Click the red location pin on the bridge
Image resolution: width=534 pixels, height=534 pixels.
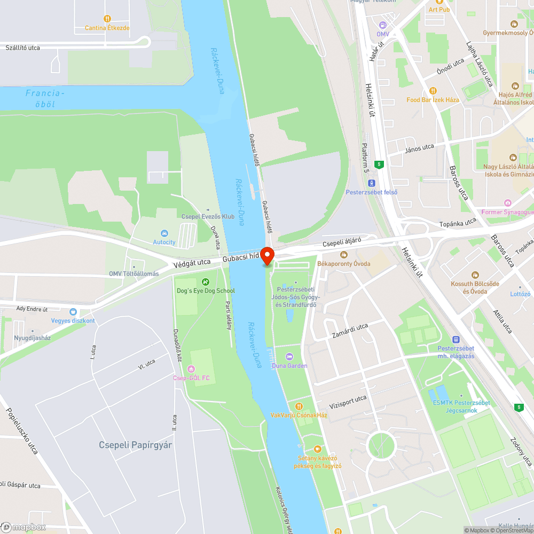coord(267,255)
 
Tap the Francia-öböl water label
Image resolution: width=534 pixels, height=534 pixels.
coord(45,99)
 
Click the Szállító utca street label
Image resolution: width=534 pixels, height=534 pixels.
coord(22,48)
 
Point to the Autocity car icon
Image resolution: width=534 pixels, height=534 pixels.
coord(164,233)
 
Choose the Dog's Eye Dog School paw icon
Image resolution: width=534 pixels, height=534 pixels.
coord(206,281)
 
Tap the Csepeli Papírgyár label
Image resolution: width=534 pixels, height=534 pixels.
coord(136,445)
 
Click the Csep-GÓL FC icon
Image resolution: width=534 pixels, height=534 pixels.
coord(191,368)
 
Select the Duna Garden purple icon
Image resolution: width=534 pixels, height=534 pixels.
coord(289,356)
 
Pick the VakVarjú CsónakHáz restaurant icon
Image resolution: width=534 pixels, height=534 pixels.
coord(299,406)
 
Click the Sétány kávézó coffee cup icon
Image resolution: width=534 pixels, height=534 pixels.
coord(318,449)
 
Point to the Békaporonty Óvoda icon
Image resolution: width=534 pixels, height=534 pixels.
coord(344,255)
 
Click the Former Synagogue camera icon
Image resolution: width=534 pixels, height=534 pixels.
coord(507,203)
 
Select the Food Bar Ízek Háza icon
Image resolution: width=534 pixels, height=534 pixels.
coord(433,91)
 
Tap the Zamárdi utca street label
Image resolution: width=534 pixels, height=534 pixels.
coord(350,331)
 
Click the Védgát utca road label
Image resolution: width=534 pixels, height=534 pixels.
coord(192,263)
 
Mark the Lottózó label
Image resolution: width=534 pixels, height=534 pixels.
coord(520,294)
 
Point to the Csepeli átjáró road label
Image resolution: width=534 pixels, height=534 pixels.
coord(342,243)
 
